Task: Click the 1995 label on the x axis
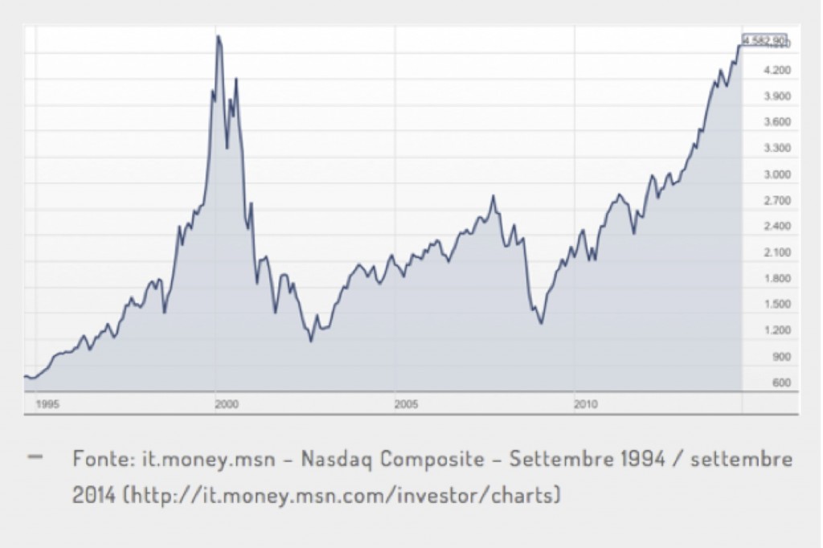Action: (x=47, y=404)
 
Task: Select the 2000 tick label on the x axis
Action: (x=227, y=404)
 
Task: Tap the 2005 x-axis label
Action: (x=406, y=404)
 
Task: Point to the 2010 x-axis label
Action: (x=585, y=404)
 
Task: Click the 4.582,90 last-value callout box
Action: (x=764, y=39)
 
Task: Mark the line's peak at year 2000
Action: (x=218, y=36)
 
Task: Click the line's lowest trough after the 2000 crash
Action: (x=311, y=341)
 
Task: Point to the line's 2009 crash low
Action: (x=542, y=324)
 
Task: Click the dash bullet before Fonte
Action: (x=35, y=456)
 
